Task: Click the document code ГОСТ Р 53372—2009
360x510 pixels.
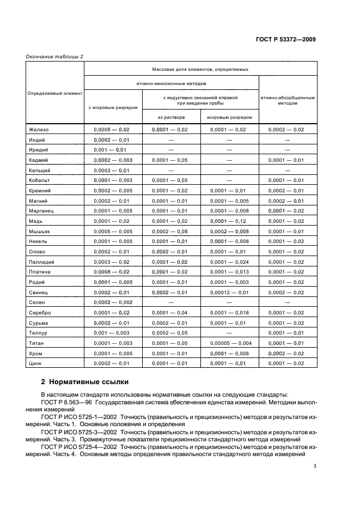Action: point(290,40)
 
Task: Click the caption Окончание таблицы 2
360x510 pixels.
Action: point(54,56)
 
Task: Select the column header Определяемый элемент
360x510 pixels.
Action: point(55,93)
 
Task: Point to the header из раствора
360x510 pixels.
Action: point(171,117)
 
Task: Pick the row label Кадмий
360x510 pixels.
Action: point(38,160)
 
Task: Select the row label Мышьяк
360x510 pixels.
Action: point(39,231)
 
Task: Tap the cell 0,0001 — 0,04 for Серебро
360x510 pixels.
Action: point(171,312)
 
